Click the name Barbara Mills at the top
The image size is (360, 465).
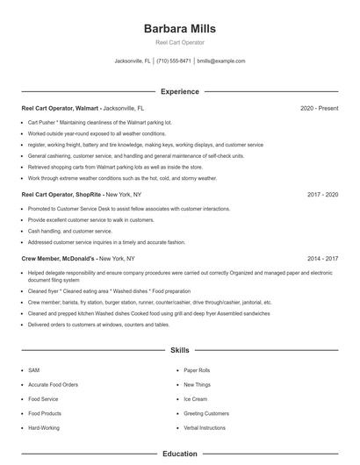(x=179, y=29)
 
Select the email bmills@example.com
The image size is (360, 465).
(x=220, y=61)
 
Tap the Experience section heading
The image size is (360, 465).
(x=179, y=91)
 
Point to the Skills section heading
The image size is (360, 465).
(x=179, y=349)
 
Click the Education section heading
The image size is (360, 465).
(x=179, y=454)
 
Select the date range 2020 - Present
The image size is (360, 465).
(x=319, y=108)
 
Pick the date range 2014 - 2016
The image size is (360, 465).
(x=323, y=259)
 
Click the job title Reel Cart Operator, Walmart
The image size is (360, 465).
(x=60, y=108)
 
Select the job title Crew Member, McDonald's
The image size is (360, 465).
(x=58, y=259)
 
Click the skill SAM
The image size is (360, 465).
(x=33, y=370)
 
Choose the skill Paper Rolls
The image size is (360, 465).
(x=197, y=370)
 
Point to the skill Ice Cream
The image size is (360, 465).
(x=195, y=398)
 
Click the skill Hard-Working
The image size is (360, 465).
(x=44, y=427)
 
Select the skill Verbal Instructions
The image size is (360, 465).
(x=205, y=427)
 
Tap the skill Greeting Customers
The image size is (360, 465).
(x=206, y=413)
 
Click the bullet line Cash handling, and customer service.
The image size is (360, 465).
(x=70, y=231)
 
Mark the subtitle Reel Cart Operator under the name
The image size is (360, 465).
(x=179, y=42)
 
